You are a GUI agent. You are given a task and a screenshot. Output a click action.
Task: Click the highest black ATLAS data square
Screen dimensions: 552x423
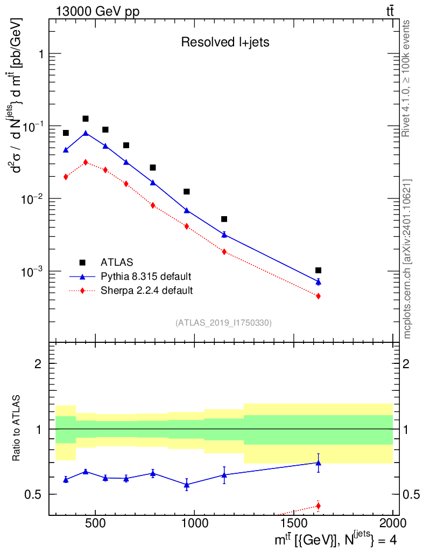point(86,119)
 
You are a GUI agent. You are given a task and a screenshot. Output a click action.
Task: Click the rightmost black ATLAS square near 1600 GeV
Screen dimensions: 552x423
point(318,270)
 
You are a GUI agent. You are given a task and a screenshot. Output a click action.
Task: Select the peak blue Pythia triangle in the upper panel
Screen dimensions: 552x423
point(86,133)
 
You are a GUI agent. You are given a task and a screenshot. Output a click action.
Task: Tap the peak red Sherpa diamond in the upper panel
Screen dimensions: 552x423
point(86,162)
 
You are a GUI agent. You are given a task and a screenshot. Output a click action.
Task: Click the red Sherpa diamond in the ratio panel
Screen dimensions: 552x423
point(318,506)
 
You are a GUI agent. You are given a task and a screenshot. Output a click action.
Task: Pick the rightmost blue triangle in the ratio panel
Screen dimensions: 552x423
point(318,463)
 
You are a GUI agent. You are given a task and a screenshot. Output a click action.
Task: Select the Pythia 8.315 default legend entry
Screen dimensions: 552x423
point(146,277)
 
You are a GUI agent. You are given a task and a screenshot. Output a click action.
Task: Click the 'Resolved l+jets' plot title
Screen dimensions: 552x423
point(225,43)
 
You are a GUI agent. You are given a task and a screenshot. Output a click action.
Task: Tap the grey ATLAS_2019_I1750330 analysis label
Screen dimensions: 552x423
point(223,323)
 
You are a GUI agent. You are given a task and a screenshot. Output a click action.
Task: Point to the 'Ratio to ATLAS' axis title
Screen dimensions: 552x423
point(18,429)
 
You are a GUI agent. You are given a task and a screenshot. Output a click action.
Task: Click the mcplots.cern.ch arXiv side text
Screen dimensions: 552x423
point(407,259)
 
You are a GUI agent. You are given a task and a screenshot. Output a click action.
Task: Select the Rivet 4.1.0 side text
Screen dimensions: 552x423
point(407,78)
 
